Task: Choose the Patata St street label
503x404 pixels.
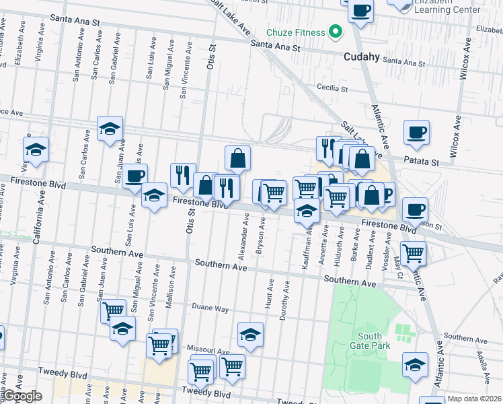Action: pos(421,162)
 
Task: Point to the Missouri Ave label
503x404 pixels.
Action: pos(208,351)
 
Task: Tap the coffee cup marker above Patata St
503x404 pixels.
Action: pos(416,132)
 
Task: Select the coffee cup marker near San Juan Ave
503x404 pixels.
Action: pos(134,176)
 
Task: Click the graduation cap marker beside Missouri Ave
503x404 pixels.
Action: pos(250,334)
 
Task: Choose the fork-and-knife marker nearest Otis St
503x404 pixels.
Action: pos(183,176)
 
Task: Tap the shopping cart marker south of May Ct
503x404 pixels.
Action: pos(413,253)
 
